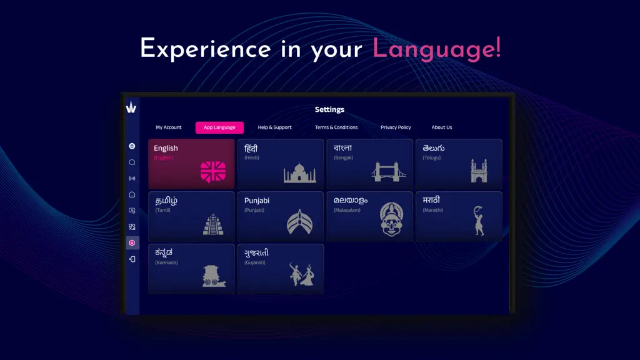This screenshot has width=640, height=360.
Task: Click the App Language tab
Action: [219, 127]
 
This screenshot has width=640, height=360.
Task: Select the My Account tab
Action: [169, 127]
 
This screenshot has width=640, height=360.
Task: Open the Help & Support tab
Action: [275, 127]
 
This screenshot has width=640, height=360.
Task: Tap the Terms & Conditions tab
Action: [336, 127]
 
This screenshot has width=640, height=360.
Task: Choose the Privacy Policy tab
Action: [396, 127]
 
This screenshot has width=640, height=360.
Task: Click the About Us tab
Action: [442, 127]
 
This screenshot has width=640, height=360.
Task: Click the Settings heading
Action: [329, 109]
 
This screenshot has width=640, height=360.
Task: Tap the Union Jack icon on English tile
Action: [213, 171]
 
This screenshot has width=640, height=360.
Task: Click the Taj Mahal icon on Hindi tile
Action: [300, 172]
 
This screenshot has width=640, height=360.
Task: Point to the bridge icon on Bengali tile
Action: [389, 171]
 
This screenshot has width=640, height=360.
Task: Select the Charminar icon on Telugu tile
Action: [479, 171]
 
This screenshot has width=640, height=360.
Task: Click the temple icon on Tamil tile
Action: [213, 224]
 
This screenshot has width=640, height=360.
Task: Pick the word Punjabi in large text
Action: [257, 201]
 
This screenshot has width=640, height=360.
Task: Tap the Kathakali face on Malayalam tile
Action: [391, 219]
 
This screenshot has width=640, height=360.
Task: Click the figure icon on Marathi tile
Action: [478, 221]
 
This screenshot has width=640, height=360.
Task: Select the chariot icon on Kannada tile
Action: [214, 276]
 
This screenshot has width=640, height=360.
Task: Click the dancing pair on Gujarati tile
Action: [302, 274]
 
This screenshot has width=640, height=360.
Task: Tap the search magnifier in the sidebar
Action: [132, 162]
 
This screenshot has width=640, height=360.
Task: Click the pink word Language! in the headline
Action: [436, 50]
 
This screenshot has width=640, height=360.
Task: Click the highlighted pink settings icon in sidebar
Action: [132, 243]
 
